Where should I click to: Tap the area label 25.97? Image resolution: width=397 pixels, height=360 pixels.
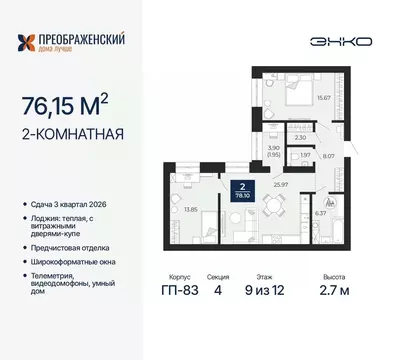pyautogui.click(x=281, y=186)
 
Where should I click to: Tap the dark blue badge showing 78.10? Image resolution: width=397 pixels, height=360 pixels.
pyautogui.click(x=240, y=192)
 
